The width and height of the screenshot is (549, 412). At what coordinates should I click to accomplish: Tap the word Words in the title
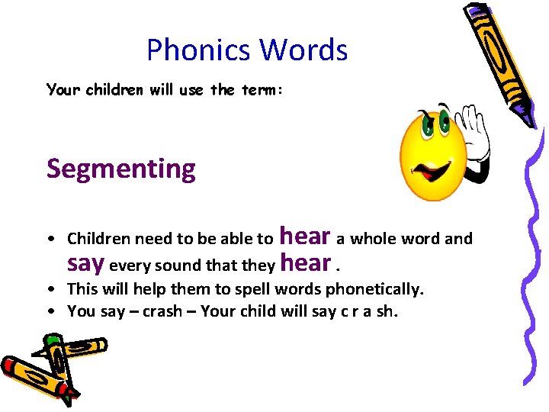point(303,50)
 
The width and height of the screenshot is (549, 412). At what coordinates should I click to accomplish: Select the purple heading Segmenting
point(120,169)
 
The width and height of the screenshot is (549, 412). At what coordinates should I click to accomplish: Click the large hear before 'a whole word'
point(305,237)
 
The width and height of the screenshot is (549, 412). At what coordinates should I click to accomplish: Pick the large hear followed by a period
point(305,263)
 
